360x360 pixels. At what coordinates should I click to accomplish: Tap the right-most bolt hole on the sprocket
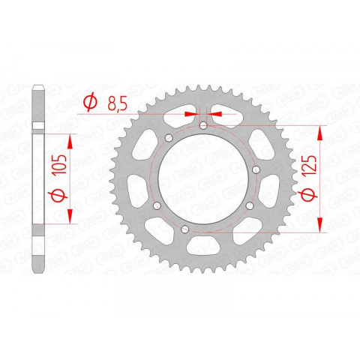(256, 171)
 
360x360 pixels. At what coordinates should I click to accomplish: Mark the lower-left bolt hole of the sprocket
(156, 207)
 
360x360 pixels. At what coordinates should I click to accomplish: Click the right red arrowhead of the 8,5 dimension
(214, 112)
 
